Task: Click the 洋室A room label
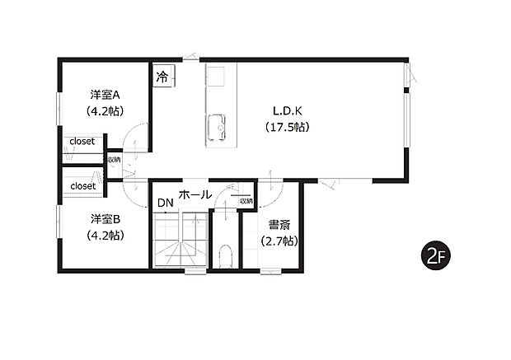point(105,94)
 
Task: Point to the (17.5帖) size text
point(287,127)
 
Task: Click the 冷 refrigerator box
point(162,77)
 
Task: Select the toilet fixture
point(227,255)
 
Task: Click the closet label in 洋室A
point(82,141)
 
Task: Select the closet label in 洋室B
point(82,186)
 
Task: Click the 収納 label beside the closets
point(113,159)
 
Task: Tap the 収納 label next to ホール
point(246,200)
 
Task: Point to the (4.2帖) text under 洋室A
point(105,110)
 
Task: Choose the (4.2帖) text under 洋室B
point(105,235)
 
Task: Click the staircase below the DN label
point(180,239)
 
